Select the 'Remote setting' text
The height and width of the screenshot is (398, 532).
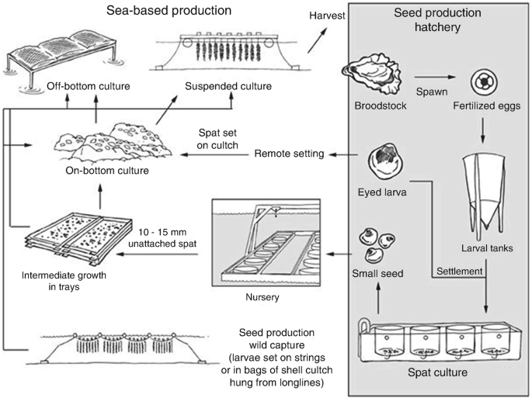pyautogui.click(x=289, y=154)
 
